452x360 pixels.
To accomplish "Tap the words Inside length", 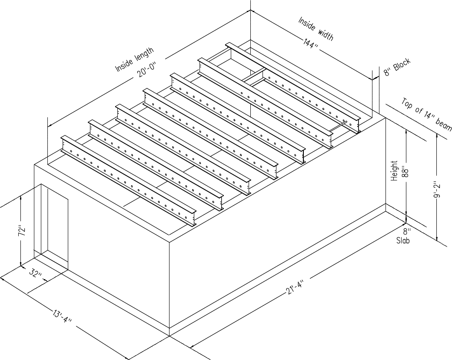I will click(x=134, y=60).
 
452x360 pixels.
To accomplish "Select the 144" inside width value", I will click(x=312, y=46).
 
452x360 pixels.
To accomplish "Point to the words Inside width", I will click(x=316, y=29).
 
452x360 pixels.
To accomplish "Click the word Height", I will click(x=394, y=171).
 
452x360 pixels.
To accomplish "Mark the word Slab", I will click(x=402, y=240).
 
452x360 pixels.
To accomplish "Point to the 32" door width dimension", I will click(x=36, y=274).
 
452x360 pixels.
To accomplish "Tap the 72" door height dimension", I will click(x=23, y=231).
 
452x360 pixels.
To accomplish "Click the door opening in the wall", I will click(x=54, y=226).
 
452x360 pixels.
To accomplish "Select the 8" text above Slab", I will click(x=406, y=232).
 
